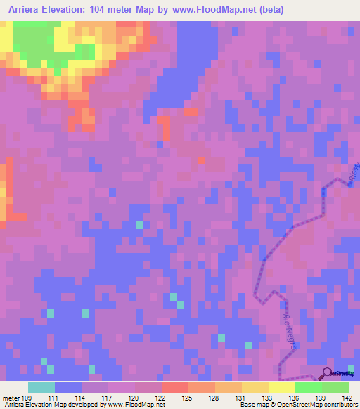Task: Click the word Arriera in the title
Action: (29, 10)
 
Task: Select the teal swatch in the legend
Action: (41, 388)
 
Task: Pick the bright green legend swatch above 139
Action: (309, 388)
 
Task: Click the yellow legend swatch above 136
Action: (282, 388)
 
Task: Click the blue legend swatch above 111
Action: (68, 388)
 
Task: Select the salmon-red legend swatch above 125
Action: (175, 388)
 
